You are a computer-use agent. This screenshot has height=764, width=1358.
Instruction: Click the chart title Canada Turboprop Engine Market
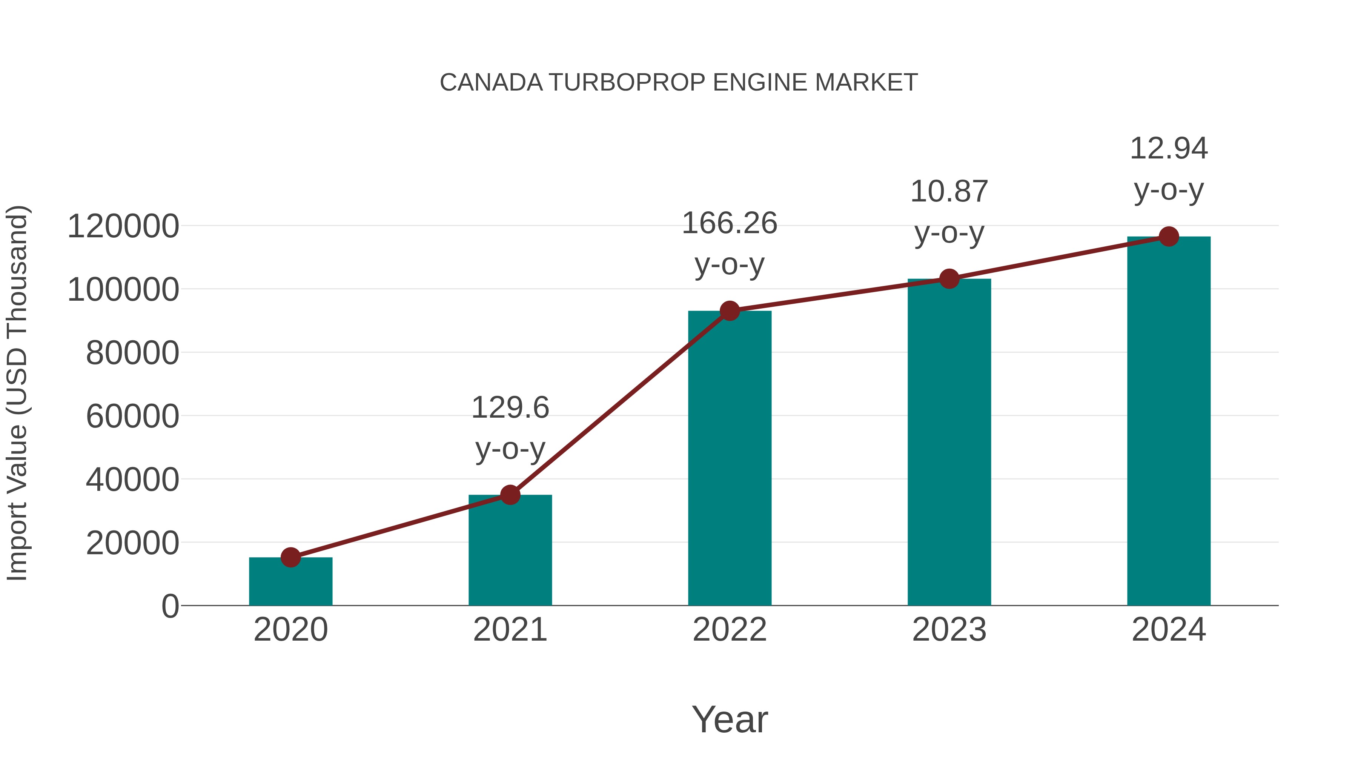(x=679, y=83)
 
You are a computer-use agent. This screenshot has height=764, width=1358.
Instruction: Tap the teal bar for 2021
(x=510, y=551)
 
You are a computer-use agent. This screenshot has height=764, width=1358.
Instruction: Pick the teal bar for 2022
(x=730, y=459)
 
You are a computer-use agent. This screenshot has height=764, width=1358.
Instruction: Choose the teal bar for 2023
(x=949, y=443)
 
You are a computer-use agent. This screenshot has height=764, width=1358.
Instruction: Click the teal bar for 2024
(x=1169, y=422)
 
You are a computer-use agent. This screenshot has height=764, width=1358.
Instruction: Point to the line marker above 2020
(x=290, y=557)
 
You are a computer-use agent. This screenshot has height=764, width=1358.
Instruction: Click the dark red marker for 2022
(x=730, y=311)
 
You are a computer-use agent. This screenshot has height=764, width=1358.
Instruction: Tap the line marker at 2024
(x=1169, y=237)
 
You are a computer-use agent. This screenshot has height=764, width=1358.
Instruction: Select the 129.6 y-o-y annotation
(x=510, y=428)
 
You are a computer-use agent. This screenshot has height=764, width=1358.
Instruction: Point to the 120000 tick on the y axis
(x=123, y=226)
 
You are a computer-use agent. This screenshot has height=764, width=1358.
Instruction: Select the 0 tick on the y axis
(x=170, y=606)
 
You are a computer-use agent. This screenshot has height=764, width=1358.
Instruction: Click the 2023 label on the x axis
(x=949, y=630)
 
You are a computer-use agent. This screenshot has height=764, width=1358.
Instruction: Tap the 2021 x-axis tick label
(x=510, y=630)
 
